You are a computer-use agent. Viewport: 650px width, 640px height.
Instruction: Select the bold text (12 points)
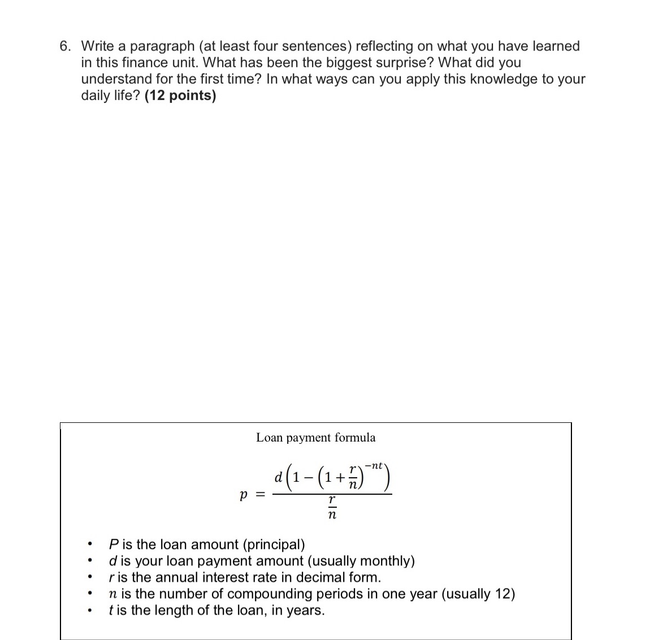(180, 96)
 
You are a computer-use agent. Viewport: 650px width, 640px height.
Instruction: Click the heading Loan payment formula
(315, 438)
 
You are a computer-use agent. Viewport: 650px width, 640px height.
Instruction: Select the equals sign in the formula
(261, 494)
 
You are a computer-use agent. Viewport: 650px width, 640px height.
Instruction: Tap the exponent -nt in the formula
(374, 466)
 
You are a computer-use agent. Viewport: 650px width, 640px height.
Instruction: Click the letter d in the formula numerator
(278, 478)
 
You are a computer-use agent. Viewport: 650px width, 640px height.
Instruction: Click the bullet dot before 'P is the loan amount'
(90, 546)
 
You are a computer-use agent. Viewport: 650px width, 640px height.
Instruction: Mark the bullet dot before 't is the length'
(90, 611)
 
